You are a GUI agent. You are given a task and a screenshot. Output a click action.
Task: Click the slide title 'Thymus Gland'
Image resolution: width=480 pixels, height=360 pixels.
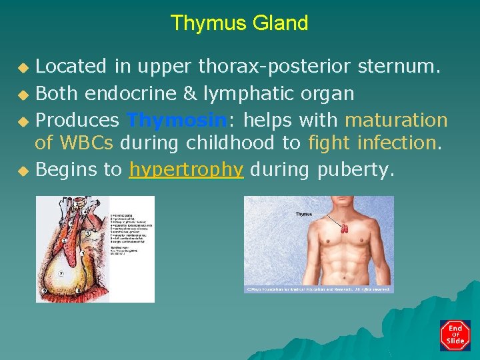coord(239,23)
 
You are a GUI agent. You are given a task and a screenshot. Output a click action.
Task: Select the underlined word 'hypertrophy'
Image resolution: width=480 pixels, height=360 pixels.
coord(186,170)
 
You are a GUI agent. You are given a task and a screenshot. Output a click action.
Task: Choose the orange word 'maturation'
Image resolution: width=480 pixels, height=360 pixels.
coord(396,121)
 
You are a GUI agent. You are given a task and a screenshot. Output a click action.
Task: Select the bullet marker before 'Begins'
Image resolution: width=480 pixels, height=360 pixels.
coord(23,171)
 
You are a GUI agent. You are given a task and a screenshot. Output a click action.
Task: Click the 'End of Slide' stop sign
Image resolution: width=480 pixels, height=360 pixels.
coord(455,335)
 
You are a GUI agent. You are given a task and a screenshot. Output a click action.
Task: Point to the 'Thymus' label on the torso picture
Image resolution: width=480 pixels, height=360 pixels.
coord(304,214)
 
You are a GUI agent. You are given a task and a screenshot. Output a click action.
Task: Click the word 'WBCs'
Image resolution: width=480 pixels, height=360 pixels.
coord(85,143)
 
